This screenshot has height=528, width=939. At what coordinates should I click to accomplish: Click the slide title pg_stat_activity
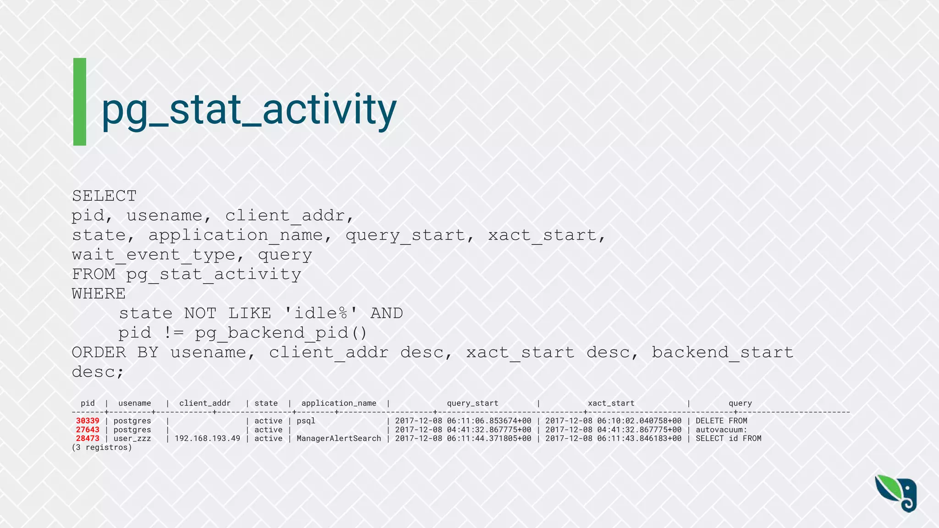pyautogui.click(x=249, y=110)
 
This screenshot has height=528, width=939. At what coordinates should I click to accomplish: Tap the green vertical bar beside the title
pyautogui.click(x=80, y=102)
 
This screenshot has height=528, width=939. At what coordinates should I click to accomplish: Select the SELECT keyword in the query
pyautogui.click(x=104, y=196)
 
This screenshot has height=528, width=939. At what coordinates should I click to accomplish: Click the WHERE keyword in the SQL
pyautogui.click(x=99, y=294)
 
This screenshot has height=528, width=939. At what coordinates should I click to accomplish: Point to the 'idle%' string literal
pyautogui.click(x=321, y=313)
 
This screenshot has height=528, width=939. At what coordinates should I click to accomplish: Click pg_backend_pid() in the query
pyautogui.click(x=281, y=333)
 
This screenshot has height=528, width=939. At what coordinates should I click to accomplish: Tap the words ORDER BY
pyautogui.click(x=115, y=352)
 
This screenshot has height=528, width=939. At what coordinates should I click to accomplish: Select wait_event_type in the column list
pyautogui.click(x=153, y=255)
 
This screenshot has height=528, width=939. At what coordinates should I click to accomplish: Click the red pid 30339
pyautogui.click(x=88, y=421)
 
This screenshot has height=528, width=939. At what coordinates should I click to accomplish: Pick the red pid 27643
pyautogui.click(x=88, y=430)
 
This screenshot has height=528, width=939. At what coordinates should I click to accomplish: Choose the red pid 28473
pyautogui.click(x=88, y=439)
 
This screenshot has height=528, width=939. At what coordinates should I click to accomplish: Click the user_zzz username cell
pyautogui.click(x=132, y=439)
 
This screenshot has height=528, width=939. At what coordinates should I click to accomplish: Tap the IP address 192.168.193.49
pyautogui.click(x=207, y=439)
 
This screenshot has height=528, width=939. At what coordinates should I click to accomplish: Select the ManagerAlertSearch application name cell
pyautogui.click(x=338, y=439)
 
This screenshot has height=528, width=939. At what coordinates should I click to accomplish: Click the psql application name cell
pyautogui.click(x=306, y=421)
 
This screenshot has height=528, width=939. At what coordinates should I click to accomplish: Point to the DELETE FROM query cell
pyautogui.click(x=721, y=421)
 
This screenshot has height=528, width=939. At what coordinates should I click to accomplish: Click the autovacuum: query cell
pyautogui.click(x=721, y=430)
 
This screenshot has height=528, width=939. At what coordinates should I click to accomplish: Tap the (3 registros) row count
pyautogui.click(x=102, y=447)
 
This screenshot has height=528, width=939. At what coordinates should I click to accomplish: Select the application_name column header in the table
pyautogui.click(x=338, y=403)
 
